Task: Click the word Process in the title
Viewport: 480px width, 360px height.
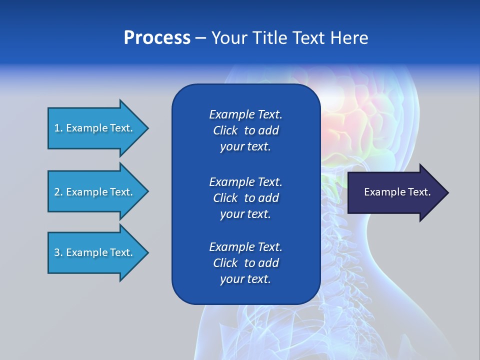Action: (157, 38)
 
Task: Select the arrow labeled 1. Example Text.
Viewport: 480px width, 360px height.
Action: (95, 128)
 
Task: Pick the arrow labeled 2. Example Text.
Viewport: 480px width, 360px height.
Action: (95, 192)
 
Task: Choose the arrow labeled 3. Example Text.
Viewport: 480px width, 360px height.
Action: (95, 252)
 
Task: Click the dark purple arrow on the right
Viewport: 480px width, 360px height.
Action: (395, 192)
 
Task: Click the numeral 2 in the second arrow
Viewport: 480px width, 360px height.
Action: (57, 192)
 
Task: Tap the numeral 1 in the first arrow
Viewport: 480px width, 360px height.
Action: (57, 128)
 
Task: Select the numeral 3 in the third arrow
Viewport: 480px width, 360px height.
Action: (57, 252)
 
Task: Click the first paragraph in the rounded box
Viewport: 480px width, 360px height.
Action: (245, 130)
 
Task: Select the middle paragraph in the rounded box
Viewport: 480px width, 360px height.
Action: (245, 198)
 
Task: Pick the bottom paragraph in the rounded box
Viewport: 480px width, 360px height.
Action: (245, 263)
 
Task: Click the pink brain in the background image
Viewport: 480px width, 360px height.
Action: (350, 120)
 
